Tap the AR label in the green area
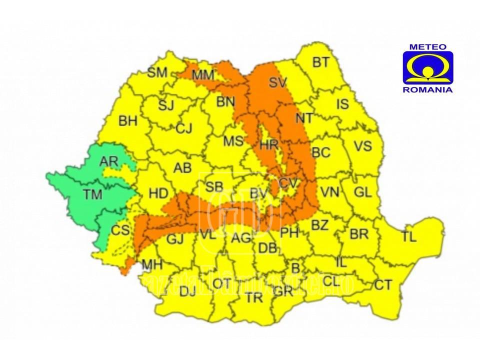click(108, 161)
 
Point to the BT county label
click(321, 62)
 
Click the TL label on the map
click(408, 237)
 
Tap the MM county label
click(203, 75)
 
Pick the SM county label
click(157, 72)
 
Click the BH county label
click(128, 121)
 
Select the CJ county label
click(184, 129)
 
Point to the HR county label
click(269, 145)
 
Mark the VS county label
click(363, 146)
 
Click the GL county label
click(362, 191)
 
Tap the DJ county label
click(187, 291)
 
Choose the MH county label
click(151, 264)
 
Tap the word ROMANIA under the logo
click(427, 90)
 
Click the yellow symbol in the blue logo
click(427, 67)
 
